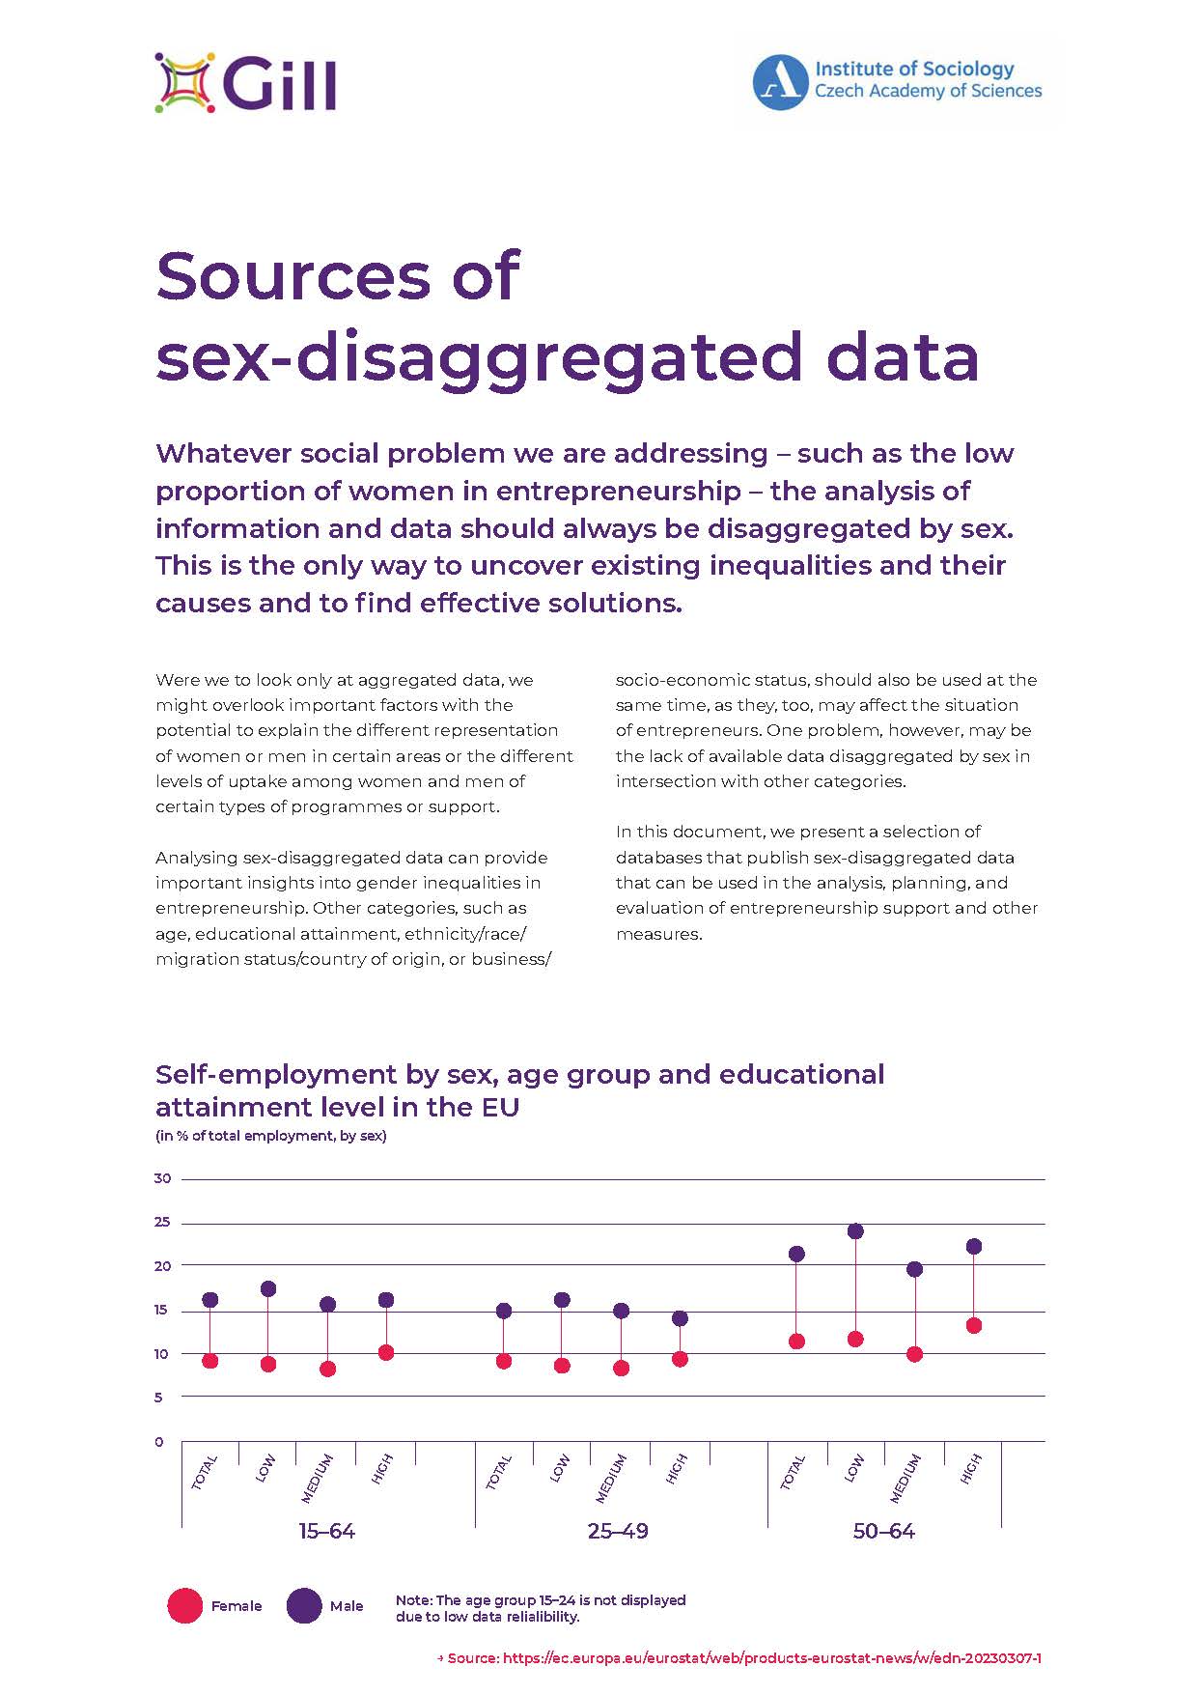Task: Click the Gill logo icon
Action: pyautogui.click(x=184, y=83)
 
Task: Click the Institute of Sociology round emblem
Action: pyautogui.click(x=780, y=82)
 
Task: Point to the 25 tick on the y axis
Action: pyautogui.click(x=162, y=1222)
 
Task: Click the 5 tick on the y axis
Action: pyautogui.click(x=159, y=1397)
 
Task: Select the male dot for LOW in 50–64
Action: pyautogui.click(x=855, y=1231)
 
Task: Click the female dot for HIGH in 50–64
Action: pyautogui.click(x=974, y=1325)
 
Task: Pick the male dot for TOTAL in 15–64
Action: pyautogui.click(x=210, y=1300)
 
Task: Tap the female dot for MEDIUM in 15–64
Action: pyautogui.click(x=328, y=1369)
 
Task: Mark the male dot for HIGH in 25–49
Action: pyautogui.click(x=680, y=1318)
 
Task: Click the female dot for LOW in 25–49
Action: pyautogui.click(x=562, y=1366)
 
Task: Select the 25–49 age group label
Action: pyautogui.click(x=618, y=1532)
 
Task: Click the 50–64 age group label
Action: pyautogui.click(x=883, y=1532)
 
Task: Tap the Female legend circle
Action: pyautogui.click(x=184, y=1605)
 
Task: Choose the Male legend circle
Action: pyautogui.click(x=304, y=1605)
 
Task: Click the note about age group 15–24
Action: pyautogui.click(x=541, y=1607)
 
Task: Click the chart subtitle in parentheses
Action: pyautogui.click(x=271, y=1136)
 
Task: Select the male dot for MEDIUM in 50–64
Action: pyautogui.click(x=914, y=1269)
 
